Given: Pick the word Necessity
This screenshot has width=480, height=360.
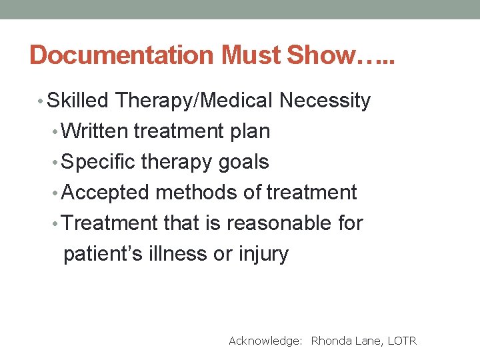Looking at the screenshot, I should tap(325, 101).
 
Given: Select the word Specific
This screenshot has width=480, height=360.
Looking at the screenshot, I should tap(100, 162).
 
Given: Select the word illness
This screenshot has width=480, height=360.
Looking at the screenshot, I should tap(176, 254).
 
